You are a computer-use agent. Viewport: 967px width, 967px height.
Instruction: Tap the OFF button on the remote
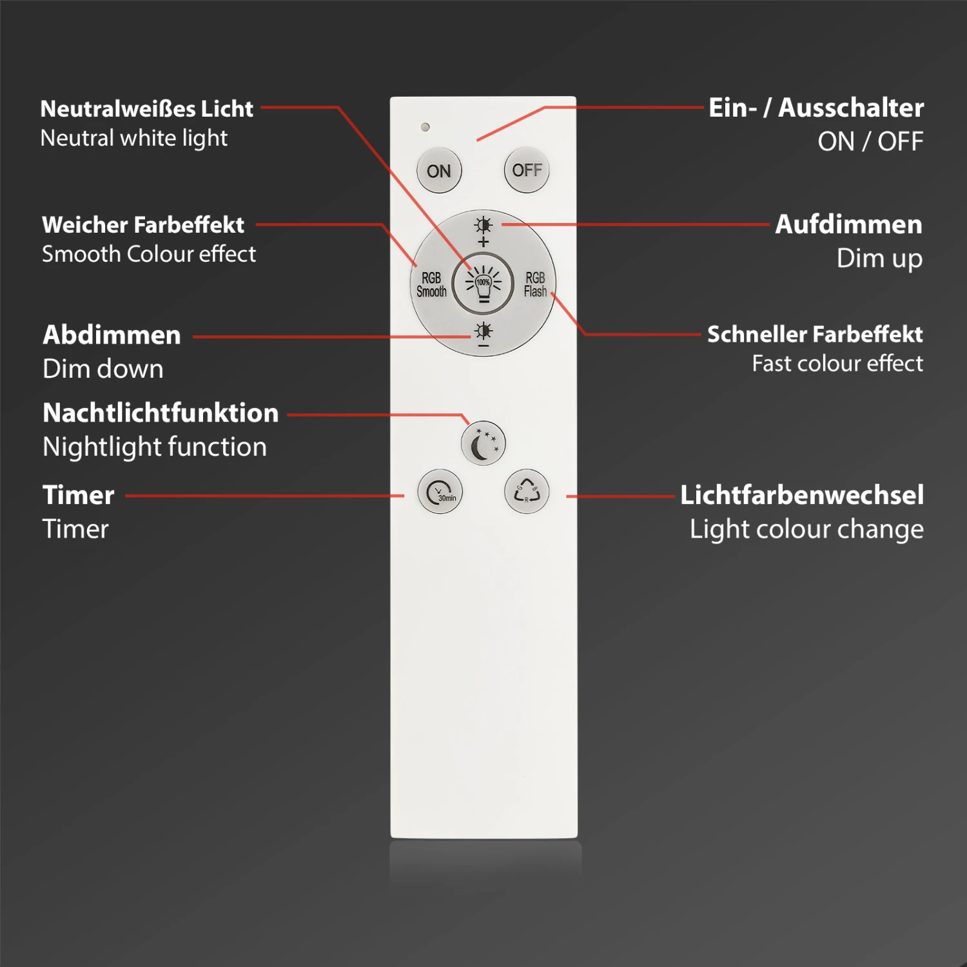(527, 170)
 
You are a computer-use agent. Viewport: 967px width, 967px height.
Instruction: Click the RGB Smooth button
(431, 284)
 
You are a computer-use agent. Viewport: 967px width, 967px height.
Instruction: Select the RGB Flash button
(535, 284)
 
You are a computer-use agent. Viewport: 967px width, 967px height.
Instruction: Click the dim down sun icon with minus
(484, 335)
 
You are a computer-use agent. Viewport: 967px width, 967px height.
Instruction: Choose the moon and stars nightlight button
(484, 444)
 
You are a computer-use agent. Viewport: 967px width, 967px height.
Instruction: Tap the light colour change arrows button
(527, 492)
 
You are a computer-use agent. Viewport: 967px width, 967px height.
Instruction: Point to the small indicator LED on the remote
(425, 127)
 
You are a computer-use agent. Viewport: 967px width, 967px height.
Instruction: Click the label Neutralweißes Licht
(147, 109)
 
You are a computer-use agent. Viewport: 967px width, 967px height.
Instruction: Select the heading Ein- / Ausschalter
(816, 108)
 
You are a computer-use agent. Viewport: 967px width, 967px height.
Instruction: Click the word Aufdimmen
(848, 224)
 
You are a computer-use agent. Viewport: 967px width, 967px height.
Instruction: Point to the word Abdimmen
(112, 335)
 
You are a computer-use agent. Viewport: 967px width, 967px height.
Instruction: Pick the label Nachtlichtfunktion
(161, 413)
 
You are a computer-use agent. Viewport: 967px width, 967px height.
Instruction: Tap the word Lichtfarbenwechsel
(802, 495)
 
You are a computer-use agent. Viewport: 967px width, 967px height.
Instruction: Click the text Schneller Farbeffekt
(815, 335)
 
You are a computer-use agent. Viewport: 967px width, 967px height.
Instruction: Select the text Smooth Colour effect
(149, 254)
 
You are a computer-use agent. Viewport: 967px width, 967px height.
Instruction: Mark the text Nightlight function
(155, 447)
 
